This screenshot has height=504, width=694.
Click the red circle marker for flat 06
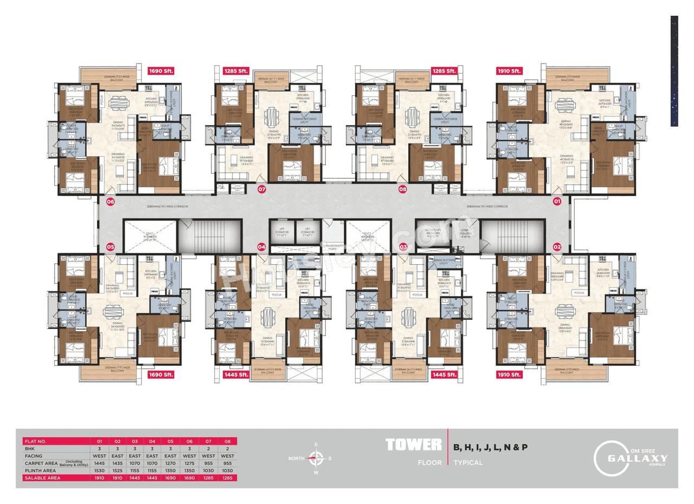[111, 202]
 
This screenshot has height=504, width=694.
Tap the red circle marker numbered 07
[262, 189]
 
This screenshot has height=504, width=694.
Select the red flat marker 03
[403, 247]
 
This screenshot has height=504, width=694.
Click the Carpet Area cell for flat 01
[99, 463]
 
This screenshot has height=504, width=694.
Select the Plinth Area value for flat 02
[117, 470]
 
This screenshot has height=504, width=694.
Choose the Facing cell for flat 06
[190, 456]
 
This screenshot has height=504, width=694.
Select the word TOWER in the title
[413, 446]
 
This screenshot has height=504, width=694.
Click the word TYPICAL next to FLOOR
[468, 463]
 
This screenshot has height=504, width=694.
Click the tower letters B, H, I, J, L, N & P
[491, 447]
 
